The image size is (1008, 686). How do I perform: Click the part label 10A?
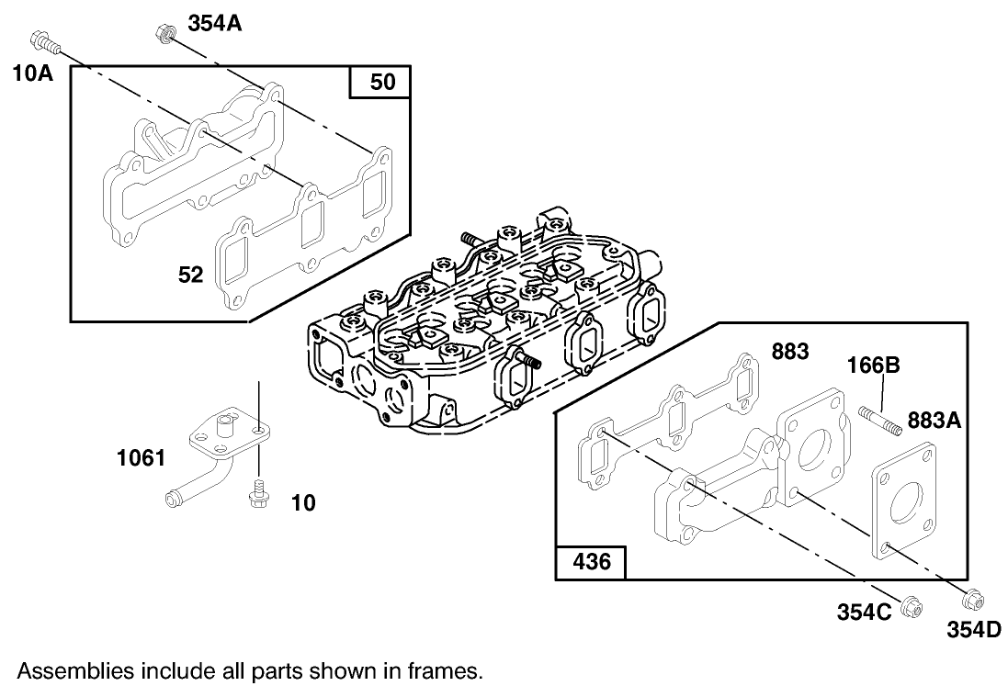coord(32,73)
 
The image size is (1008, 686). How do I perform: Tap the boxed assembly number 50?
coord(381,83)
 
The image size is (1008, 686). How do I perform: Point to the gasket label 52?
coord(190,274)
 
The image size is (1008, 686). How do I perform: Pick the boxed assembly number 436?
coord(591,561)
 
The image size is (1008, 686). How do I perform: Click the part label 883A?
coord(934,421)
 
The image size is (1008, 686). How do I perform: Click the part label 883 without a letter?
coord(791,351)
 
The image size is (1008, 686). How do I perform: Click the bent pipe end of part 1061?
coord(172,500)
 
